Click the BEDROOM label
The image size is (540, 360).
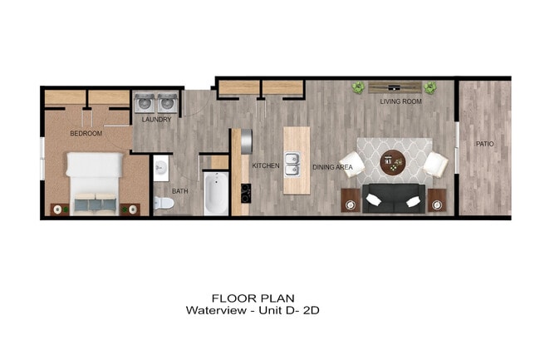pyautogui.click(x=86, y=133)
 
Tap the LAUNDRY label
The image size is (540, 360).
pyautogui.click(x=156, y=120)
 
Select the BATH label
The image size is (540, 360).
pyautogui.click(x=180, y=191)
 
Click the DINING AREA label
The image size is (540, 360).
pyautogui.click(x=333, y=167)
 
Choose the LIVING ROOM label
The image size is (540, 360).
pyautogui.click(x=400, y=101)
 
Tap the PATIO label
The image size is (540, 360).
pyautogui.click(x=484, y=144)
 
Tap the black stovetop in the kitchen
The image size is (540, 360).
pyautogui.click(x=246, y=194)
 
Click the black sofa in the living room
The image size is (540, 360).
pyautogui.click(x=395, y=198)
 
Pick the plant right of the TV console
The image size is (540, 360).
pyautogui.click(x=430, y=86)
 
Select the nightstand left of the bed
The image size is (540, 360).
pyautogui.click(x=60, y=209)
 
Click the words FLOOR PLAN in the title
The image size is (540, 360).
pyautogui.click(x=253, y=298)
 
